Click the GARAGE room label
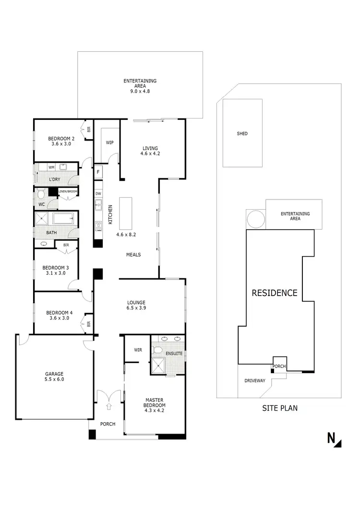point(55,374)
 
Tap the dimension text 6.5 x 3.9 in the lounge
point(136,308)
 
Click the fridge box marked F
point(98,172)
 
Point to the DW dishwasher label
point(98,194)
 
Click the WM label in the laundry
point(51,167)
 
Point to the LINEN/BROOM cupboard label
point(68,191)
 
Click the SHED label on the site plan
point(242,133)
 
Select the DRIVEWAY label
point(254,381)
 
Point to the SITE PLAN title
point(279,409)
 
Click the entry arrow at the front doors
point(108,407)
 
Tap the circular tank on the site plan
point(255,220)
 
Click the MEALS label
point(133,255)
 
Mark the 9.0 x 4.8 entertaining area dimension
point(140,91)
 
